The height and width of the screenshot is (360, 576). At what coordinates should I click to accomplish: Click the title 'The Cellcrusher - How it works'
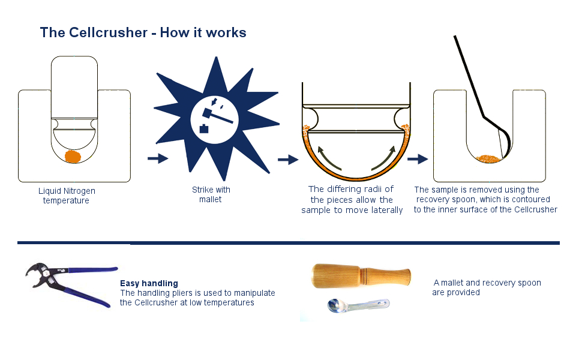tap(143, 32)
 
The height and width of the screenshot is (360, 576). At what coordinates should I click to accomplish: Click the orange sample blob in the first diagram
tap(73, 157)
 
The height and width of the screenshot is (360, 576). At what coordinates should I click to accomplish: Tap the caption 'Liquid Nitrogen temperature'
tap(66, 196)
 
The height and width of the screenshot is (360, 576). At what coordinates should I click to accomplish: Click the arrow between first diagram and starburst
tap(158, 158)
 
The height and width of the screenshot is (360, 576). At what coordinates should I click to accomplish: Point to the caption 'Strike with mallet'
tap(211, 194)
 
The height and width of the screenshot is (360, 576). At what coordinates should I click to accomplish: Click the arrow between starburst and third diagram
tap(288, 160)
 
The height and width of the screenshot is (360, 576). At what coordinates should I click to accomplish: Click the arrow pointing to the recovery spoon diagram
tap(418, 159)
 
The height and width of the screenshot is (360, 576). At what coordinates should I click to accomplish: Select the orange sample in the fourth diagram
tap(490, 158)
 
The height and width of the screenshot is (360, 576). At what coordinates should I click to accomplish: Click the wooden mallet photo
tap(361, 277)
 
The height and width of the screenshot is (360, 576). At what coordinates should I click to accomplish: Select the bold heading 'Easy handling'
tap(149, 283)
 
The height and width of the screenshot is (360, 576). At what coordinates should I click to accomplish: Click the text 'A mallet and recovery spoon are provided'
tap(487, 287)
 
